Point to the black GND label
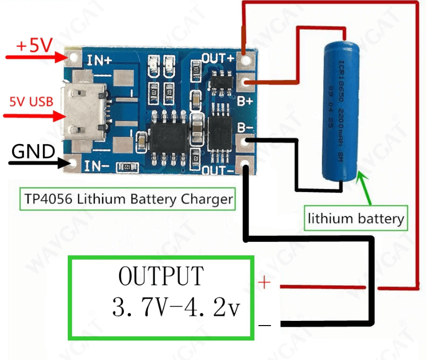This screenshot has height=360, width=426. (x=33, y=152)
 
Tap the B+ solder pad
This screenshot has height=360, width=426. (x=245, y=82)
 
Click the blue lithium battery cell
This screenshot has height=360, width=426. (x=342, y=112)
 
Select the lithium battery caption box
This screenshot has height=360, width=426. (x=356, y=218)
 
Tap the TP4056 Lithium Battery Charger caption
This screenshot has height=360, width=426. (x=128, y=200)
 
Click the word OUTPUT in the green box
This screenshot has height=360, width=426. (x=161, y=276)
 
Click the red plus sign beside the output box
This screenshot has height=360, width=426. (x=264, y=283)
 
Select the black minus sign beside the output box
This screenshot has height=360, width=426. (x=265, y=325)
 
